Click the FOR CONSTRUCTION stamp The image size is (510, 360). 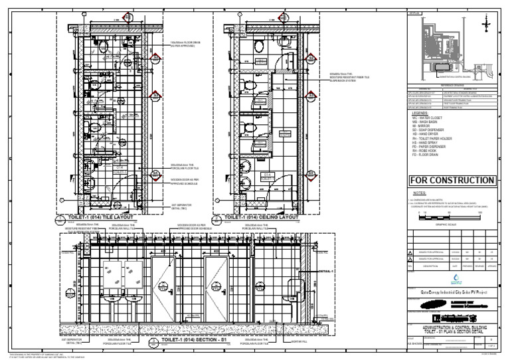[x=452, y=181]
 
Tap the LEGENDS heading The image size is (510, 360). [x=424, y=113]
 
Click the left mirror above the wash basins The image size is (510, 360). [x=111, y=273]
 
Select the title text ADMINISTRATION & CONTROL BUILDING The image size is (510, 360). [x=452, y=328]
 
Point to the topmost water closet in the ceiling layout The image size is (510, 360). [x=259, y=45]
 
